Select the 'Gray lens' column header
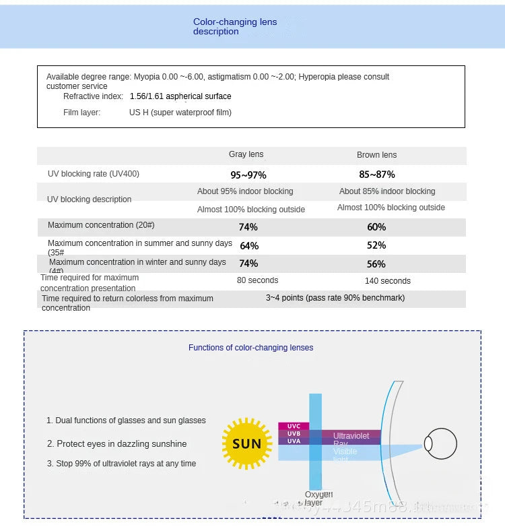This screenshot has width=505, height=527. [x=246, y=155]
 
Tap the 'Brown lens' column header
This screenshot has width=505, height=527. [x=376, y=155]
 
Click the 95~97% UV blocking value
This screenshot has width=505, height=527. [x=248, y=175]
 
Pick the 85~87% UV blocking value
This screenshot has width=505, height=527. [x=376, y=175]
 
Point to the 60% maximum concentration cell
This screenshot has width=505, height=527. [x=376, y=227]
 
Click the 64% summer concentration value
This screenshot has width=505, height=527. [x=249, y=246]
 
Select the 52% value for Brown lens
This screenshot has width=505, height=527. [x=376, y=246]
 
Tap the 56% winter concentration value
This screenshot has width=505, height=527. [x=376, y=264]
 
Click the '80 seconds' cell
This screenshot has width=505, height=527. [x=257, y=280]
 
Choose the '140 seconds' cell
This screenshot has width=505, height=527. [x=387, y=281]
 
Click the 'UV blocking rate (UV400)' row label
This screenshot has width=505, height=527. [x=94, y=174]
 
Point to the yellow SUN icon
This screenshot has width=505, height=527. [x=246, y=443]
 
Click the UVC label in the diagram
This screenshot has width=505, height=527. [x=294, y=426]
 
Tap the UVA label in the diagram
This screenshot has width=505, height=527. [x=294, y=441]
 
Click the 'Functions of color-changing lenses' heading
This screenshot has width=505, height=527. [x=250, y=348]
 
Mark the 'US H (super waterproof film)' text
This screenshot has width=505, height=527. [x=180, y=113]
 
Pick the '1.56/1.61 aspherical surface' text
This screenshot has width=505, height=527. [x=180, y=96]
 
